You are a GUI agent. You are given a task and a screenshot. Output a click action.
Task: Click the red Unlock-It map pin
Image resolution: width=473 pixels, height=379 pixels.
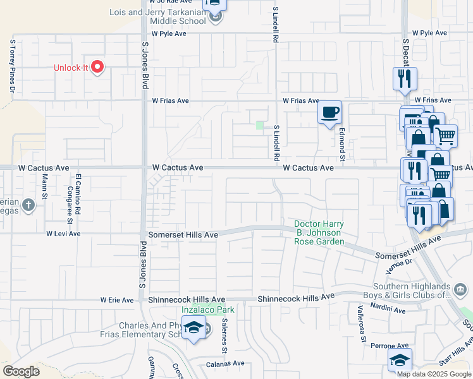pos(97,66)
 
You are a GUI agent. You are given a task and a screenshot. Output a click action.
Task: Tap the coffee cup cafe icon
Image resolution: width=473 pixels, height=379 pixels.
pos(329,113)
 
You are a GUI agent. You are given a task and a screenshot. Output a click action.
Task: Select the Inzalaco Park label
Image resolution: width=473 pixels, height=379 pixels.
pos(208,310)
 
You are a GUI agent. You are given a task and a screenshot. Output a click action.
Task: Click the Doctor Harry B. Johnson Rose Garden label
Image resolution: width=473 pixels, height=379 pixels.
pos(319,233)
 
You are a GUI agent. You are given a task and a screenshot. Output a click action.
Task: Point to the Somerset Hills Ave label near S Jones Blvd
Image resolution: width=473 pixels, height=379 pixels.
pos(183,234)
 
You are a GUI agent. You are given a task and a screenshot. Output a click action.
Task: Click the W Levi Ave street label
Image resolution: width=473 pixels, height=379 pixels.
pos(63,233)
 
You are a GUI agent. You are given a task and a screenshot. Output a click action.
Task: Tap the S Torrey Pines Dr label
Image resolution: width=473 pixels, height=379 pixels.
pos(11,66)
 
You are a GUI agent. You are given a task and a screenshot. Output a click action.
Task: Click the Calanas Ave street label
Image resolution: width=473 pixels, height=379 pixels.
pos(226,363)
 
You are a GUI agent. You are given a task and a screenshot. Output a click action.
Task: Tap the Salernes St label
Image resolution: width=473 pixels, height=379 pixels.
pos(224,333)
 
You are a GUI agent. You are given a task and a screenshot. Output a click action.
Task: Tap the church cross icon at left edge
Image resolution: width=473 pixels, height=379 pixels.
pos(28,205)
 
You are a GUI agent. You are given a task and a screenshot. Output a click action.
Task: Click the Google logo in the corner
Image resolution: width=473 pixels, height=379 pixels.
pos(21,371)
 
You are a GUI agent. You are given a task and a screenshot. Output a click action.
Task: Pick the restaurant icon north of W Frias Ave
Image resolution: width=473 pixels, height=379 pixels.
pos(404,79)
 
